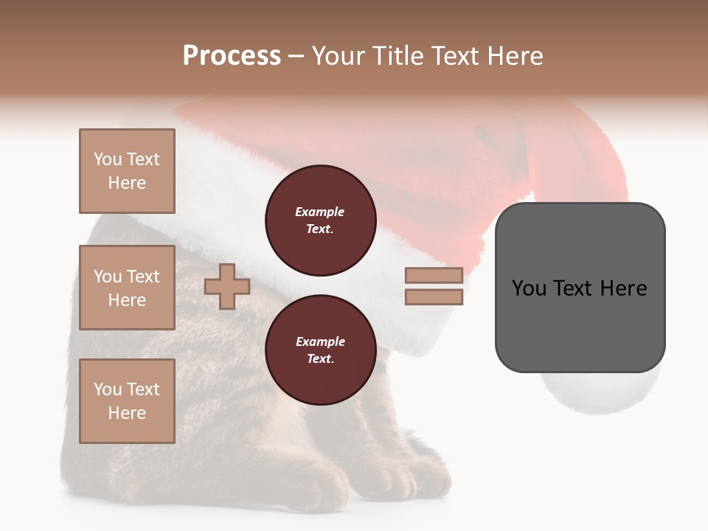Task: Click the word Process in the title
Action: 232,56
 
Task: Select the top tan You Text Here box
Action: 127,171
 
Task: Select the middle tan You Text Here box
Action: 127,288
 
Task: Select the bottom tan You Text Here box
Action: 127,401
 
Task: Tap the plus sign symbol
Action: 227,286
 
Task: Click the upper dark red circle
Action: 321,221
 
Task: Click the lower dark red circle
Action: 321,350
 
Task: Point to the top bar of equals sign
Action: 434,276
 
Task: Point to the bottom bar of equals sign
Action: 434,297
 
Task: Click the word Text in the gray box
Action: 577,288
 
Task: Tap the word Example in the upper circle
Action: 320,212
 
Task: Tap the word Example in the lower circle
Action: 320,341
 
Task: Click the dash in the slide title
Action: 296,56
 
